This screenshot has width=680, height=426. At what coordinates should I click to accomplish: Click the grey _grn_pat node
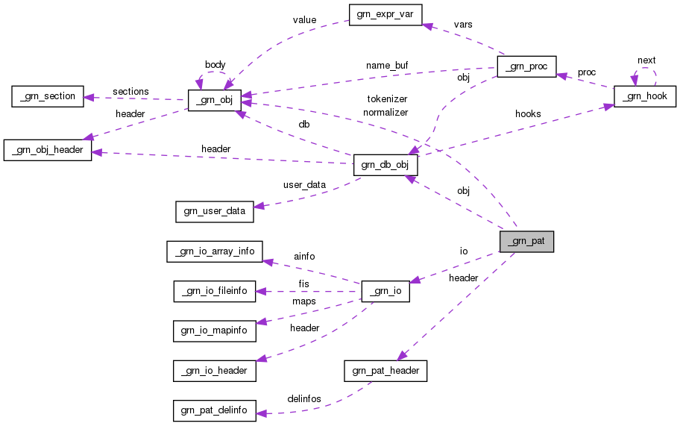coord(526,242)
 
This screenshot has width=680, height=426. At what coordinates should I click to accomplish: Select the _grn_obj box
coord(214,100)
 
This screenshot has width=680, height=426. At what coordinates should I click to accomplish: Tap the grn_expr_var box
coord(385,15)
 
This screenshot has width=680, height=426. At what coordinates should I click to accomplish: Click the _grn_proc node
coord(526,67)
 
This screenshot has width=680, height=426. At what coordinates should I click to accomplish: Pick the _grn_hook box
coord(644,96)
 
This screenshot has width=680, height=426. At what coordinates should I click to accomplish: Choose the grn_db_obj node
coord(380,165)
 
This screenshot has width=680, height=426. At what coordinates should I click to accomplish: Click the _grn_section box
coord(46,96)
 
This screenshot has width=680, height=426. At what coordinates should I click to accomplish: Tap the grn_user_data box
coord(214,211)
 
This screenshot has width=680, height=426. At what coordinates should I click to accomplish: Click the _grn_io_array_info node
coord(213,251)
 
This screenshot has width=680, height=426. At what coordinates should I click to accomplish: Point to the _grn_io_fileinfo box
coord(214,291)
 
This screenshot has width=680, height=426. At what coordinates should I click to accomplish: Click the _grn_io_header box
coord(214,370)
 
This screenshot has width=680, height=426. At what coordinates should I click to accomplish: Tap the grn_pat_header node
coord(385,370)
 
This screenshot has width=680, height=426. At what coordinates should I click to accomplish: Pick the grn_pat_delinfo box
coord(214,410)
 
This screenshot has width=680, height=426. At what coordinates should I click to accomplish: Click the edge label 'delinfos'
coord(303,399)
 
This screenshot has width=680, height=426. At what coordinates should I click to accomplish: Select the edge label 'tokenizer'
coord(387,98)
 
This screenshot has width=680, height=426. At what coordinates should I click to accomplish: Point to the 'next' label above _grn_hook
coord(646,60)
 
